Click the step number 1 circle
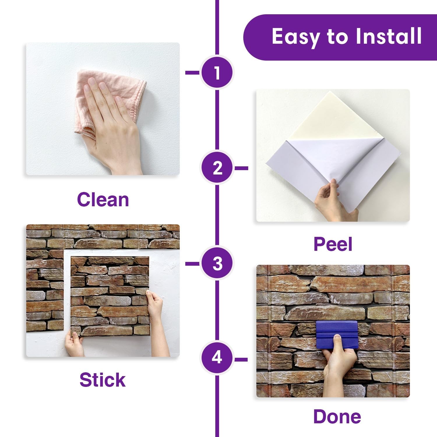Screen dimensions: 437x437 (217, 73)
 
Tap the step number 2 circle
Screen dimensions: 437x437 (217, 168)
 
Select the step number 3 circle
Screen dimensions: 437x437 (217, 263)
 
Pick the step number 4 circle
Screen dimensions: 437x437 (217, 357)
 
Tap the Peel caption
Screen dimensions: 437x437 (333, 244)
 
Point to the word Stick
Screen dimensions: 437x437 (103, 380)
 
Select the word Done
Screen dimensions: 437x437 (337, 417)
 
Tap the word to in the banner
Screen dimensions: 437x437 (338, 37)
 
